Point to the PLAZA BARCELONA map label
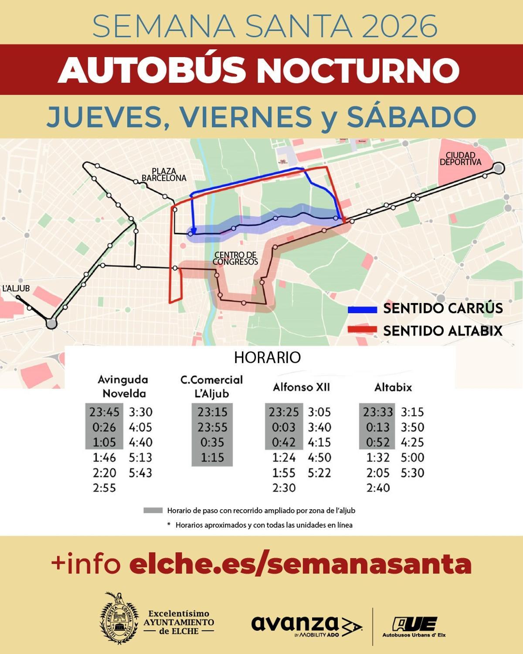pos(164,174)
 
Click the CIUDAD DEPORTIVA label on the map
pos(460,159)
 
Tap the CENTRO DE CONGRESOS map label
pos(236,258)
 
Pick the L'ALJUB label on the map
pos(16,288)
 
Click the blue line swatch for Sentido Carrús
pos(362,310)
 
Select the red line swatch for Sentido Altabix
pos(362,330)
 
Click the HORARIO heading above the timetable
pos(267,358)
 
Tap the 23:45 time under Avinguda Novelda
pos(104,412)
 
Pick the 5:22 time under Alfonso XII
pos(319,473)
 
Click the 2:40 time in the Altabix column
pos(378,487)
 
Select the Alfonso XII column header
pos(301,387)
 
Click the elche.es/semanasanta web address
pos(301,564)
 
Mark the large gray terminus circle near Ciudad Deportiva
pos(499,168)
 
